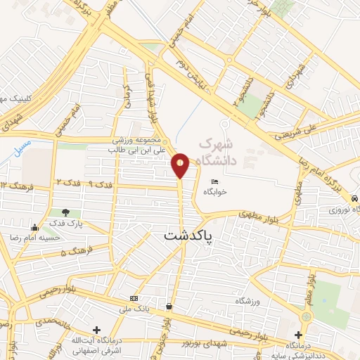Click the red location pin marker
pos(181,165)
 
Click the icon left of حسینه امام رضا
pos(35,226)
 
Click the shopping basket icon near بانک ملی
pos(169,306)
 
